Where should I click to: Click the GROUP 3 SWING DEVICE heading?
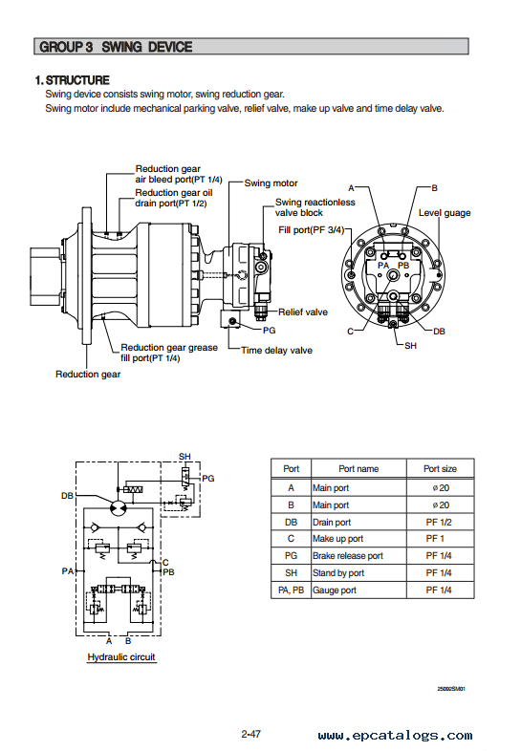[116, 47]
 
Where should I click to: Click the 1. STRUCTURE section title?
[73, 80]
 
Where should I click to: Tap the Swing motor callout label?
[271, 182]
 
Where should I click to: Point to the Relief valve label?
[303, 312]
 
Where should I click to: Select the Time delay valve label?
[276, 351]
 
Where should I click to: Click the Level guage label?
[445, 213]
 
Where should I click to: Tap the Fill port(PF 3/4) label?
[311, 230]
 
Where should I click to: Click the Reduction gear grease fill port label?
[168, 353]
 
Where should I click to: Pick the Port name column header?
[358, 469]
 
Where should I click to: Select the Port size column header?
[440, 469]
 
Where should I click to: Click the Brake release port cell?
[348, 556]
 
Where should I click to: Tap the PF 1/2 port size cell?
[439, 522]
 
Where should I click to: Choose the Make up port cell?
[337, 539]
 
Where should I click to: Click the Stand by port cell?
[338, 573]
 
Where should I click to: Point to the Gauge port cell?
[334, 590]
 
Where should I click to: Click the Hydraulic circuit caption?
[121, 657]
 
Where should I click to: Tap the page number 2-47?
[250, 734]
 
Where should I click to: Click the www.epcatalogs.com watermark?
[395, 735]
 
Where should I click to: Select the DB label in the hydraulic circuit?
[67, 496]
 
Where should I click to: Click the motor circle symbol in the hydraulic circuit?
[118, 508]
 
